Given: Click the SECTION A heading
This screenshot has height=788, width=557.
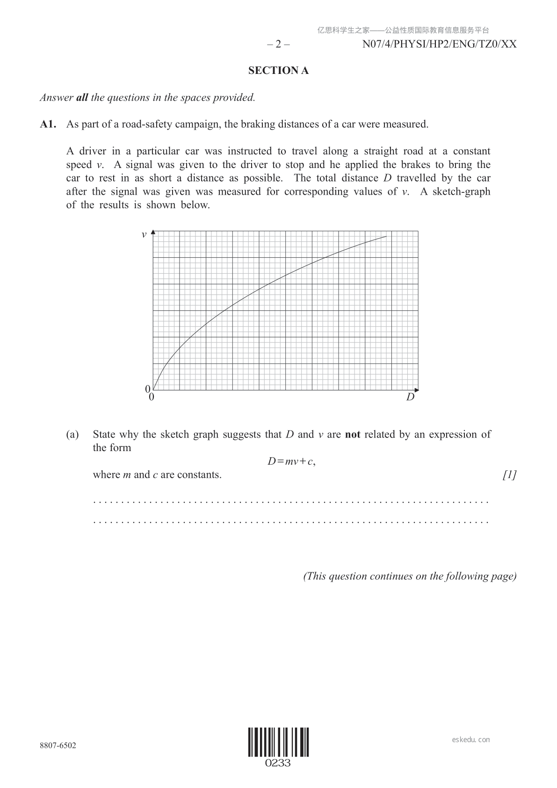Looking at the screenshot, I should (278, 71).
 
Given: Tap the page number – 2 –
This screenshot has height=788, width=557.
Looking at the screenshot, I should (278, 44).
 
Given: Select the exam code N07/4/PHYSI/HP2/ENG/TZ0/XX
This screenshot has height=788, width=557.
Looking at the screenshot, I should (439, 44).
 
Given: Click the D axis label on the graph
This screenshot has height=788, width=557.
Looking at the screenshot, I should (410, 397).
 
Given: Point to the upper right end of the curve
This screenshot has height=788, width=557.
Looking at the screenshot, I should (386, 237).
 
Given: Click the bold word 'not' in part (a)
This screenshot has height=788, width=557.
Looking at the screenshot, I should (353, 435).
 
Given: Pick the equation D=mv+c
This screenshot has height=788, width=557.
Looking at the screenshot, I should (291, 461).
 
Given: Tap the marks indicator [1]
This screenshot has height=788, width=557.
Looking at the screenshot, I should (509, 475).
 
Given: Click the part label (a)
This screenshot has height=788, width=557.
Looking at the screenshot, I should (72, 435).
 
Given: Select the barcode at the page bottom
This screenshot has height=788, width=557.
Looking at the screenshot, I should (278, 742).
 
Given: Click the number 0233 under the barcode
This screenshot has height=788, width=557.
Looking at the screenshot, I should (278, 763).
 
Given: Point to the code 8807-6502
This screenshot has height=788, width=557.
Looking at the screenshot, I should (58, 745).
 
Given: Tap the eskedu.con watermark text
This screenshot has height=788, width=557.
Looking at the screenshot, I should (471, 740).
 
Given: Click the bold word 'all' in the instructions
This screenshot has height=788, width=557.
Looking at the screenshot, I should (82, 98).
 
